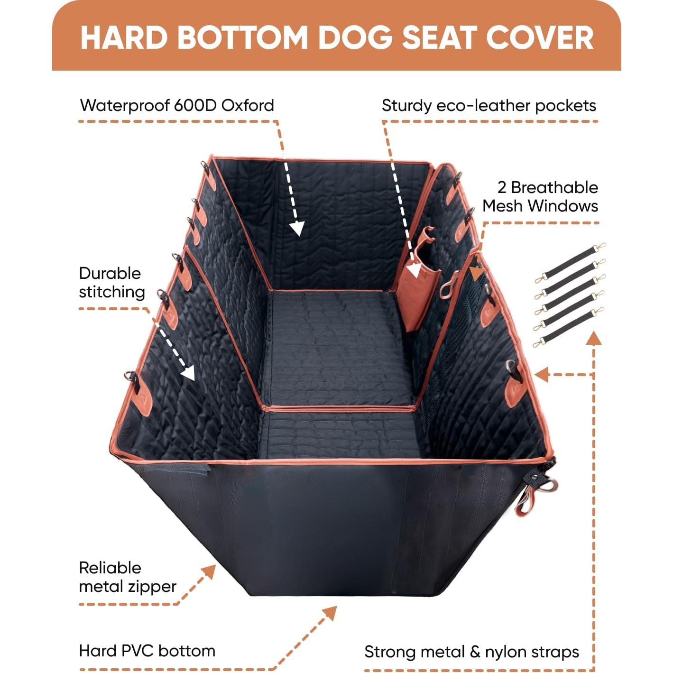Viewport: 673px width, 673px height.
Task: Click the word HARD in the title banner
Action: (124, 37)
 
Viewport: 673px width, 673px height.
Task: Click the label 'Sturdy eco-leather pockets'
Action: (489, 105)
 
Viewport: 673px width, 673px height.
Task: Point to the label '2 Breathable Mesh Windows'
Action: (540, 196)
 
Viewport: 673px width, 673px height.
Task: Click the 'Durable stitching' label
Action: (111, 282)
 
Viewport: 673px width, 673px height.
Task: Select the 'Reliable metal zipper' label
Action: (127, 577)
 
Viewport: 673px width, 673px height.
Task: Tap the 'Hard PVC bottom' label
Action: (147, 651)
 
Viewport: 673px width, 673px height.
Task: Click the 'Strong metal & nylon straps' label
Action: (471, 652)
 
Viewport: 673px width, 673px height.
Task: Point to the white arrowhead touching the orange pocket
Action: (414, 270)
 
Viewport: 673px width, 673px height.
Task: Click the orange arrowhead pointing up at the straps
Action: (593, 338)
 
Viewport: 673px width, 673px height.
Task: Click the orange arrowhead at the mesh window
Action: (476, 273)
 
